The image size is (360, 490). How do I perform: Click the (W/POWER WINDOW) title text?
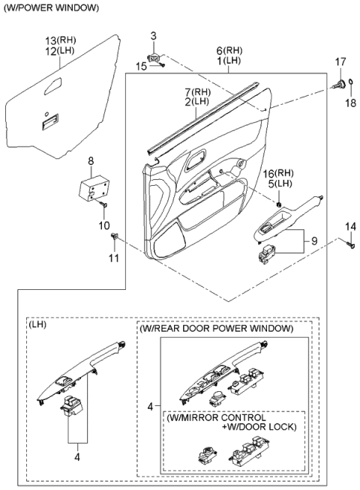[50, 7]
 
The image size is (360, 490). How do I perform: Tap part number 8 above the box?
[91, 161]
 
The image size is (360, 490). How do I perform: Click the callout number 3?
[154, 35]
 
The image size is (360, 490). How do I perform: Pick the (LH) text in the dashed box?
[37, 326]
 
